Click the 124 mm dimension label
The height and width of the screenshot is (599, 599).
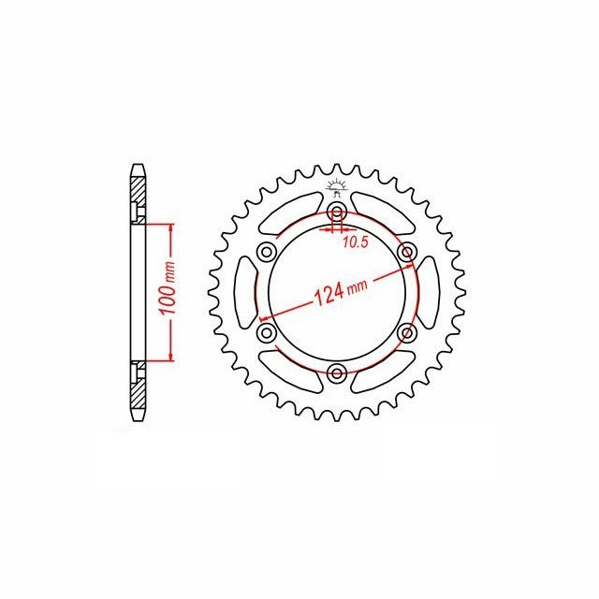tap(341, 291)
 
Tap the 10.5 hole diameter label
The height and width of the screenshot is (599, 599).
tap(356, 241)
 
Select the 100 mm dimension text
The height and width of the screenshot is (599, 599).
tap(168, 288)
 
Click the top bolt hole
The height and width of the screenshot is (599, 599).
tap(337, 212)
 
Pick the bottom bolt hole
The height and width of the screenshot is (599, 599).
tap(337, 373)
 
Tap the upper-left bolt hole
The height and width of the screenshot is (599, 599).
tap(267, 252)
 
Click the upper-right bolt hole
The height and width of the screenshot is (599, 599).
tap(406, 252)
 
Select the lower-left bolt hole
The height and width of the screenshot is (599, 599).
tap(267, 332)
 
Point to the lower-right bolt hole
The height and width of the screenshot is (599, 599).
tap(406, 332)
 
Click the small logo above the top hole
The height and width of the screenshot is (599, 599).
tap(336, 187)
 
